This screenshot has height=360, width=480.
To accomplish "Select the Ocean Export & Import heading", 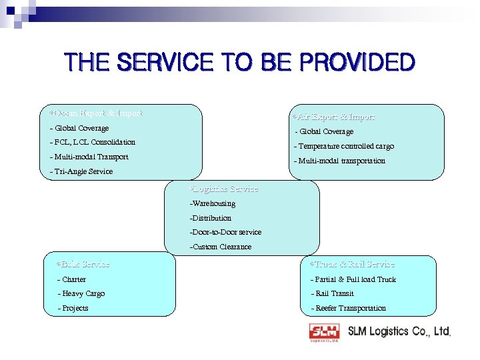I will tap(91, 113).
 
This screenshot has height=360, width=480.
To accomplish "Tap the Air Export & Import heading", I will tap(334, 117).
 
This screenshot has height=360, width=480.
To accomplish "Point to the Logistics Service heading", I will tap(224, 189).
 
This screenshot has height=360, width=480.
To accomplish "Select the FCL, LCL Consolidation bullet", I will tap(93, 142).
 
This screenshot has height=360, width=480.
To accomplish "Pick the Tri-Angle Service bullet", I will tap(81, 171).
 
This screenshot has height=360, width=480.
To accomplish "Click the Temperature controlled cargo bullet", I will tap(344, 146).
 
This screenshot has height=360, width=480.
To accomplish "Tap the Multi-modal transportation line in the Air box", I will tap(339, 161).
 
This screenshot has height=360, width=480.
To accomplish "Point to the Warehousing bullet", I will tap(213, 203).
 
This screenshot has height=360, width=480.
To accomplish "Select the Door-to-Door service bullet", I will tap(225, 232).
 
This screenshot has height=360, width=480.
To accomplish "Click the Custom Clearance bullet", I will tap(221, 247).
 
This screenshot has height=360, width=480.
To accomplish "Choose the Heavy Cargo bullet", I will tap(81, 293).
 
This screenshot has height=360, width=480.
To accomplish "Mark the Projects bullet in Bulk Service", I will tap(73, 308).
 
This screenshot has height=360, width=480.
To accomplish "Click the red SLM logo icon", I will tap(324, 331).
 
